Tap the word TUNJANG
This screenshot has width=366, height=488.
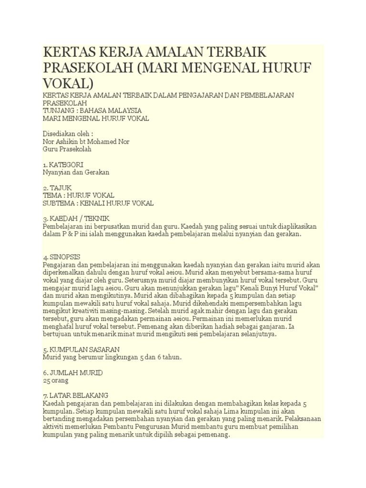(x=57, y=111)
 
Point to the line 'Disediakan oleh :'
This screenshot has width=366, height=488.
(x=68, y=134)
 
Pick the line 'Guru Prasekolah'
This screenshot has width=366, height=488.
(x=67, y=149)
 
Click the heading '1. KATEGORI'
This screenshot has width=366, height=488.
(x=63, y=164)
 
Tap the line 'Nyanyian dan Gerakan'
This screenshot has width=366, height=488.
(x=76, y=172)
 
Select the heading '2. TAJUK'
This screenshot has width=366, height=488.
(x=57, y=188)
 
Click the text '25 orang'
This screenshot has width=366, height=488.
(x=56, y=381)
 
